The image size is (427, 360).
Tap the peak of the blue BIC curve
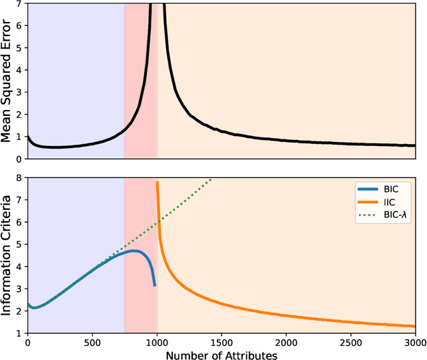(134, 251)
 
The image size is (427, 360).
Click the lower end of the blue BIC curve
(155, 285)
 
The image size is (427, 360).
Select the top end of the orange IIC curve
(157, 182)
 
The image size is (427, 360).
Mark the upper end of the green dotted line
(211, 179)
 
